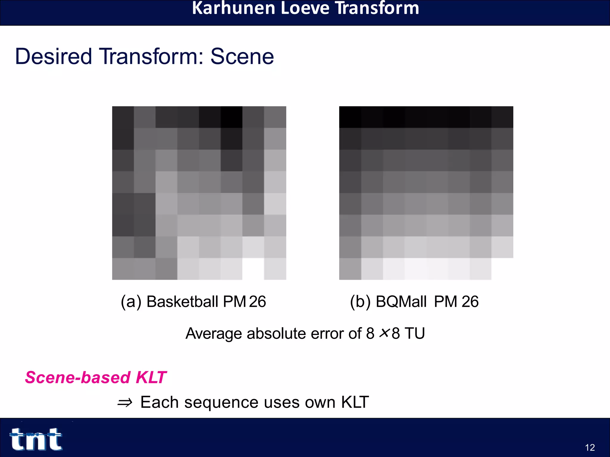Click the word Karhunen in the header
(x=233, y=8)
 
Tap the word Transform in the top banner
(x=377, y=8)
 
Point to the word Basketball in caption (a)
(x=183, y=301)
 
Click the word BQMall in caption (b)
(x=401, y=301)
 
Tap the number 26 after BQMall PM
(x=470, y=301)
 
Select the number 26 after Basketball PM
(x=257, y=301)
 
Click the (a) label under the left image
(x=131, y=302)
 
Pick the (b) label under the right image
(x=360, y=302)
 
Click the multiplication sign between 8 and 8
(x=385, y=333)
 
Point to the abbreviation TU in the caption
(x=414, y=333)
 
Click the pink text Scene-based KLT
(x=96, y=377)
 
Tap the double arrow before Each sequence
(x=125, y=403)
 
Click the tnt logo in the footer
(x=36, y=439)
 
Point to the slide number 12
(x=590, y=447)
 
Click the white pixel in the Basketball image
(x=253, y=269)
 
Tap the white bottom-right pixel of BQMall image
(x=502, y=269)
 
